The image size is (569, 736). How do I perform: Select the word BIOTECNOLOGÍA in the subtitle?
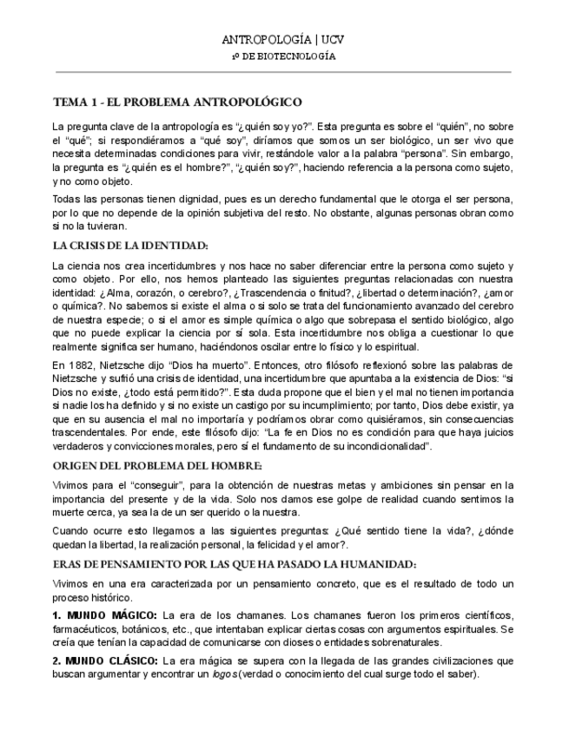click(x=304, y=56)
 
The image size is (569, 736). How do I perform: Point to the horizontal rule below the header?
click(x=284, y=71)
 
